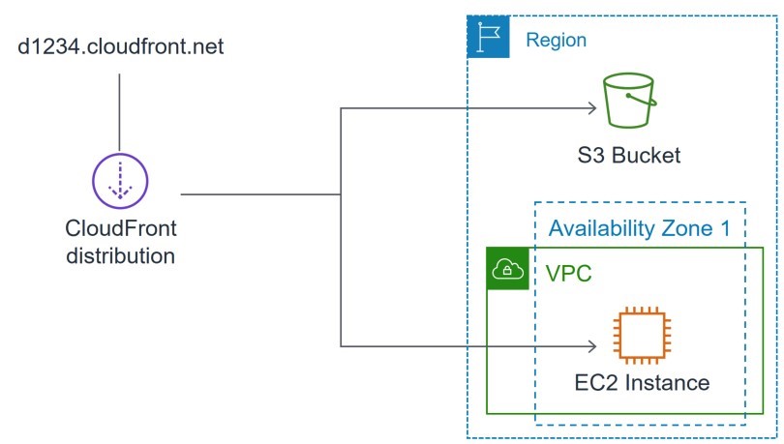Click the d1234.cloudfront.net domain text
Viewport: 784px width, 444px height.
tap(120, 46)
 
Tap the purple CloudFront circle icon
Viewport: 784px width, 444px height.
tap(120, 154)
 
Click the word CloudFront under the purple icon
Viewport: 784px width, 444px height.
tap(120, 228)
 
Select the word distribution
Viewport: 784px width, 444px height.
tap(120, 255)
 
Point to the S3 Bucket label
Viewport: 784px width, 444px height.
tap(629, 156)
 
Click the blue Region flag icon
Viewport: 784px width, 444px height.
tap(489, 37)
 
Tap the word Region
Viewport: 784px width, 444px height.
tap(556, 40)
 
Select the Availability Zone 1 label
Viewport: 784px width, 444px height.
tap(640, 228)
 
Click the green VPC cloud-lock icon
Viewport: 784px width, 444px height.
tap(507, 268)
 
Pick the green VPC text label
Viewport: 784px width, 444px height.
tap(568, 274)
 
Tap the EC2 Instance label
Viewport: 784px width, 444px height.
tap(642, 383)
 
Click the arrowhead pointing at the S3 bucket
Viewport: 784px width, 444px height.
tap(593, 108)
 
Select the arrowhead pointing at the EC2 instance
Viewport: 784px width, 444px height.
tap(593, 346)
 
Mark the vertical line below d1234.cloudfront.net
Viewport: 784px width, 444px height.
tap(119, 112)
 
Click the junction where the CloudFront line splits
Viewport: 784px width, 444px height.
tap(341, 194)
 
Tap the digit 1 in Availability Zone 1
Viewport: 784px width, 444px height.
tap(725, 228)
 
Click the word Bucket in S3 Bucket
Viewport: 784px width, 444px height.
tap(646, 156)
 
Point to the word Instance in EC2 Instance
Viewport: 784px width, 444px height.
tap(668, 383)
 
